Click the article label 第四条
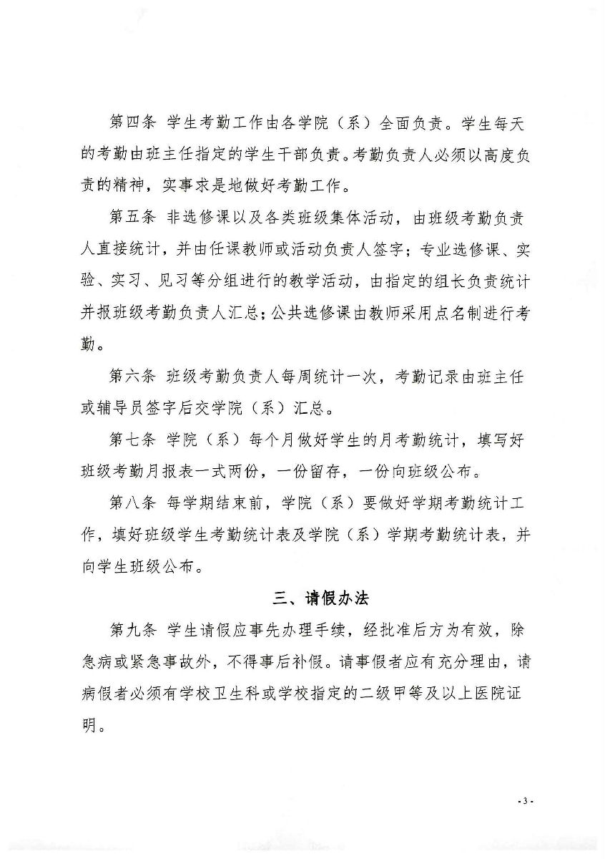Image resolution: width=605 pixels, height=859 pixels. pos(132,123)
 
